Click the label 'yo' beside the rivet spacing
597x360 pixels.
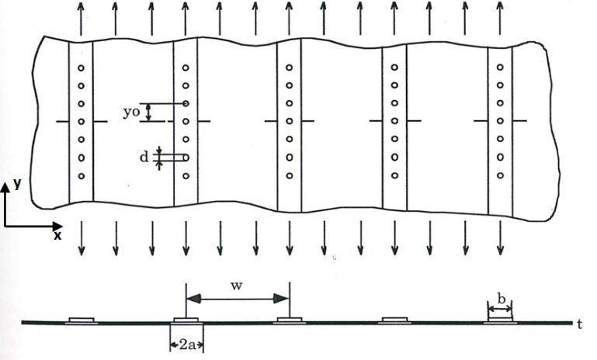click(x=130, y=112)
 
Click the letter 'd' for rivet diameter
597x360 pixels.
click(x=144, y=157)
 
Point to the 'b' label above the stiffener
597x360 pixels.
click(x=500, y=296)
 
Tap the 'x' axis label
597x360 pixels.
click(x=57, y=234)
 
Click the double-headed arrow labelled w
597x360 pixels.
click(x=237, y=299)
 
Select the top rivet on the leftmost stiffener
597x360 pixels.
click(x=81, y=67)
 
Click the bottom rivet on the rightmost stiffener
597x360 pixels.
click(x=500, y=175)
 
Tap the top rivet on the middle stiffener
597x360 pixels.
click(x=289, y=67)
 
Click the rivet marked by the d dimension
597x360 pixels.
click(x=186, y=157)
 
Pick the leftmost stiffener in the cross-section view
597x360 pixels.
click(x=81, y=320)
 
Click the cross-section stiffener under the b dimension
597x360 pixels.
click(x=500, y=320)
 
